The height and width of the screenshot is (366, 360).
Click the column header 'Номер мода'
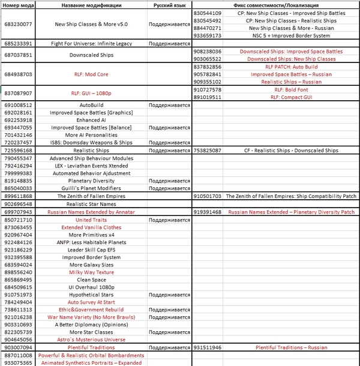click(x=19, y=5)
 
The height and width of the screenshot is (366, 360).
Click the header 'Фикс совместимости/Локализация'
click(x=275, y=5)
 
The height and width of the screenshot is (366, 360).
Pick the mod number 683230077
click(x=18, y=25)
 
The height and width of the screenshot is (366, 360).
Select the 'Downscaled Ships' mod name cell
click(x=91, y=55)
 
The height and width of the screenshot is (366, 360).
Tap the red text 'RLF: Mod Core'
click(x=91, y=74)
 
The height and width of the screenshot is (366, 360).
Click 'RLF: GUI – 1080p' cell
click(x=91, y=94)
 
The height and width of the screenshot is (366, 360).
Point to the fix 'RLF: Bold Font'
click(x=291, y=89)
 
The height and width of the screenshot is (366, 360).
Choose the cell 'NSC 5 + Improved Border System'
click(x=291, y=36)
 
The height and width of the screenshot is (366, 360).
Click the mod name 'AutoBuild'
click(x=91, y=105)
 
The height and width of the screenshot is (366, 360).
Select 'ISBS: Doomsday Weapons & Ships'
click(x=91, y=143)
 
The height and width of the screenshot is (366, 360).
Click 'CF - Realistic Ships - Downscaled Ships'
click(x=291, y=151)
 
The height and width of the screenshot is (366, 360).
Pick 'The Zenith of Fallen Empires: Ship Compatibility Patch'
click(x=291, y=196)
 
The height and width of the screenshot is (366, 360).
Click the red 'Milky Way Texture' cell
click(x=91, y=272)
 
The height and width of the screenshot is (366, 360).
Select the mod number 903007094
click(x=18, y=347)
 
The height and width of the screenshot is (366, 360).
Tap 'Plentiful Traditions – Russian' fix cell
click(x=291, y=347)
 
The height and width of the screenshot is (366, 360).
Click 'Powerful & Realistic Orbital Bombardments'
click(x=91, y=355)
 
